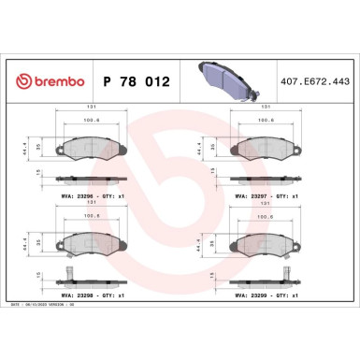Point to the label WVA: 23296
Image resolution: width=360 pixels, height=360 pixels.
(77, 196)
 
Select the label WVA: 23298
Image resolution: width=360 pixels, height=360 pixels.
(77, 293)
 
